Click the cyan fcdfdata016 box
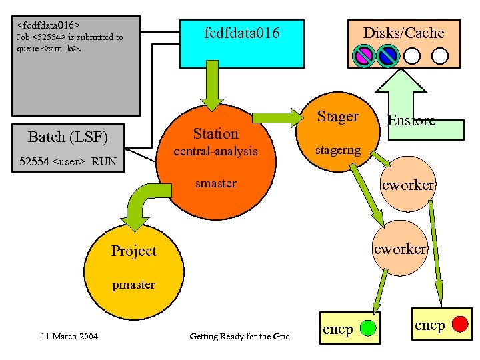click(x=243, y=41)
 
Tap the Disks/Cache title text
click(x=403, y=33)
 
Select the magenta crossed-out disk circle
click(x=364, y=55)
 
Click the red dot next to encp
click(x=459, y=325)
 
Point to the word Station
click(x=215, y=133)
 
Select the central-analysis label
click(x=215, y=151)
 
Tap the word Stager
click(x=337, y=117)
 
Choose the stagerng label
click(x=338, y=150)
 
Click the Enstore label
click(x=411, y=120)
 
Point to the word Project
click(x=133, y=251)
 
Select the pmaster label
click(x=133, y=285)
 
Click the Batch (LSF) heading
click(x=68, y=137)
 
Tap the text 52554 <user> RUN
click(x=68, y=161)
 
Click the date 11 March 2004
click(x=69, y=336)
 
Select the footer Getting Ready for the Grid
click(x=240, y=336)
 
